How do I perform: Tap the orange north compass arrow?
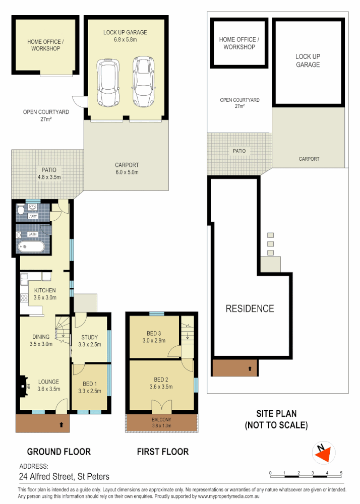tap(322, 453)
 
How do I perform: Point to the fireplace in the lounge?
tap(23, 386)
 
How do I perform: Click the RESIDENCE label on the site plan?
tap(250, 308)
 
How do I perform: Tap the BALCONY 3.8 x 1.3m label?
tap(161, 423)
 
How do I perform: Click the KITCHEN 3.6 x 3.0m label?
tap(44, 294)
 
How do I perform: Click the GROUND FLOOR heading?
tap(59, 452)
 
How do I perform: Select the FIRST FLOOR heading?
tap(163, 452)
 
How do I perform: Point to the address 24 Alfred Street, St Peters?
tap(64, 476)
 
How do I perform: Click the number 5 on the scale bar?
tap(341, 473)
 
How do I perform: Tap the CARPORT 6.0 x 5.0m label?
tap(127, 168)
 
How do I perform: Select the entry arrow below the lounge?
tap(62, 425)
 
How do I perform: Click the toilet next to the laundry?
tap(21, 210)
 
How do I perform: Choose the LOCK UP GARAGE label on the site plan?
tap(308, 60)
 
